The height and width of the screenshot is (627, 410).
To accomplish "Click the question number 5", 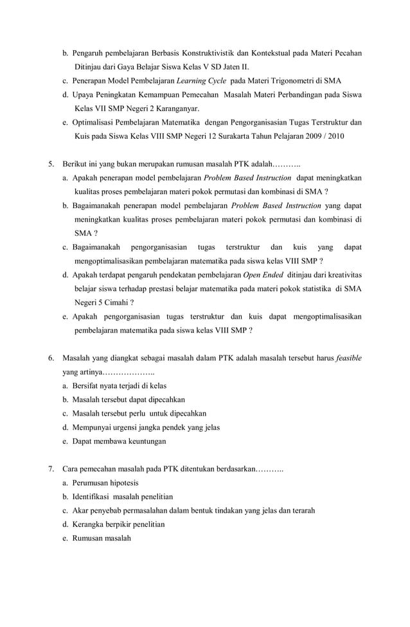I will (51, 164).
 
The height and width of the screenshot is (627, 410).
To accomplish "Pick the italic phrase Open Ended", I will (263, 275).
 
